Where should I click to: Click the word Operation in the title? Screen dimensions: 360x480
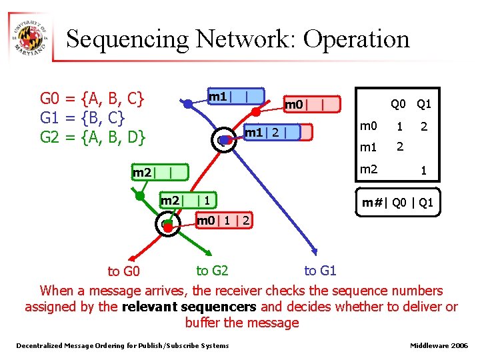356,39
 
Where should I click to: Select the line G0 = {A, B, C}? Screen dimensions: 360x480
93,99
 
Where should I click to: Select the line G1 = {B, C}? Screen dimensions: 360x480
83,119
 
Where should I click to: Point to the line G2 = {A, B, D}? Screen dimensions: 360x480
93,138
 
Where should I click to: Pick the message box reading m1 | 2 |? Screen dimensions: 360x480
271,133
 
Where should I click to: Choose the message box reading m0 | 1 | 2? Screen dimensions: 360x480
224,221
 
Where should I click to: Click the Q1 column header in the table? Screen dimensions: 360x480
423,104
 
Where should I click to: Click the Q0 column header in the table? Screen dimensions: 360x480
398,104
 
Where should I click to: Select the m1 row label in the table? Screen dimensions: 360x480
369,147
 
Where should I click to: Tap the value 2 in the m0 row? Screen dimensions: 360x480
423,126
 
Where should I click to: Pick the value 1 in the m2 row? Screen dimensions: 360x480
423,171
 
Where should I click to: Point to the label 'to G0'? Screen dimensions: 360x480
124,271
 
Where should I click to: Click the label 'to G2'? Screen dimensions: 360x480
212,270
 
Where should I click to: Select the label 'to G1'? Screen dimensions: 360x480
320,270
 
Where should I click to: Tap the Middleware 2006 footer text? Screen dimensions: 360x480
439,345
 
